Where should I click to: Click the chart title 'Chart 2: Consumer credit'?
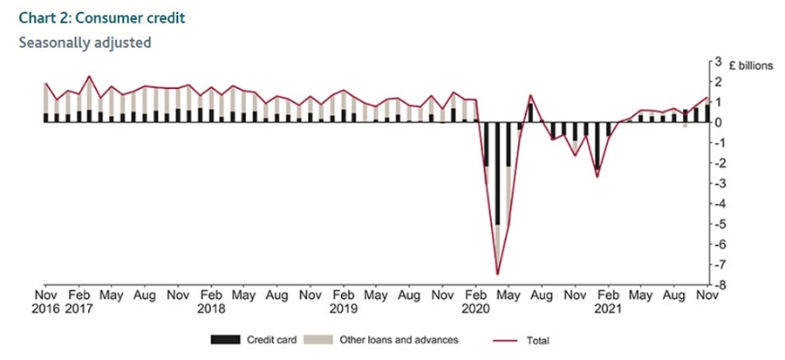point(95,17)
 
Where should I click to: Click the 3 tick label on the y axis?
point(718,62)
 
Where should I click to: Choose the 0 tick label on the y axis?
point(718,122)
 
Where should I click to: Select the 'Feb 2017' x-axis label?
point(79,302)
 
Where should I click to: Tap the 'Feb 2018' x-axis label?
point(211,302)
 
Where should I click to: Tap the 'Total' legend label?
point(538,340)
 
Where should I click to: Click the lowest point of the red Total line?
point(497,274)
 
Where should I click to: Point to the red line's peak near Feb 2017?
point(90,77)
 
